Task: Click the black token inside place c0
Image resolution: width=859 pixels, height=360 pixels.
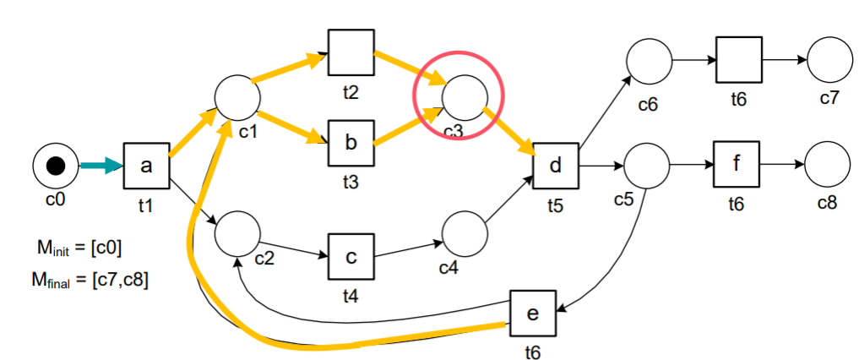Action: [55, 166]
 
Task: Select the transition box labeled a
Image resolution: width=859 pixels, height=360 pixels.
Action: [147, 166]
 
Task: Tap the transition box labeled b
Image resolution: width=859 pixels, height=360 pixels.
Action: [351, 143]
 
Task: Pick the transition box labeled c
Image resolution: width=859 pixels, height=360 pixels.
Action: [351, 256]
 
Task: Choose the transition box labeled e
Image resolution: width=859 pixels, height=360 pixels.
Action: [532, 313]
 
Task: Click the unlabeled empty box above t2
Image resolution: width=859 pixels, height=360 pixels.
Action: [351, 52]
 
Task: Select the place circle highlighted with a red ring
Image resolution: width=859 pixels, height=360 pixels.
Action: [462, 96]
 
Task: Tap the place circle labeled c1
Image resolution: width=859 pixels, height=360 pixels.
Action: [236, 97]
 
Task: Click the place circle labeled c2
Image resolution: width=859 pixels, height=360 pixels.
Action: [236, 234]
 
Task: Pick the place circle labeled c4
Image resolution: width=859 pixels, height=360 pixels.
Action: [463, 234]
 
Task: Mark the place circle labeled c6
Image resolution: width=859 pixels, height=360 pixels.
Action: [650, 61]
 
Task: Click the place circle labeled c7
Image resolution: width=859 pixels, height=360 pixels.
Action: [829, 61]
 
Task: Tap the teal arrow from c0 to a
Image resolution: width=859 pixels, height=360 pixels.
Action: [101, 166]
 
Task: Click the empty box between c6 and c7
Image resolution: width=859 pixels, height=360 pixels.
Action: [739, 60]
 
